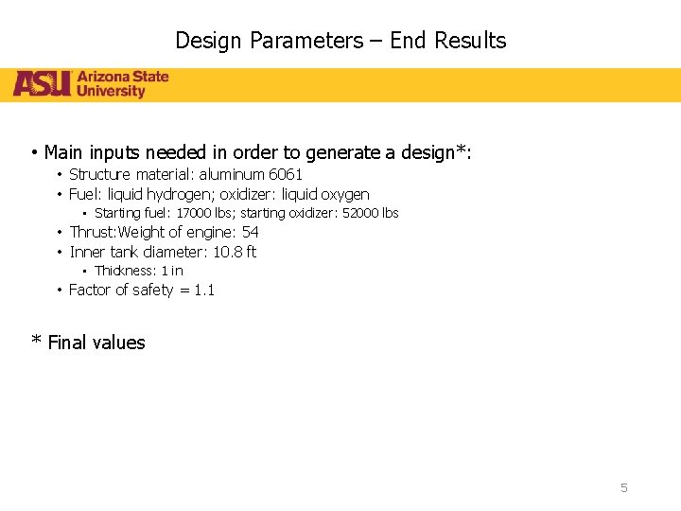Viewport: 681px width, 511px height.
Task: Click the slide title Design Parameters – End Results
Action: coord(340,41)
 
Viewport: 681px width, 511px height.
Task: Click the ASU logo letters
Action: coord(42,84)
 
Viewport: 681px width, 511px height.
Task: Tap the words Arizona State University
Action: coord(123,84)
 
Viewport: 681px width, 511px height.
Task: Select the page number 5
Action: coord(623,487)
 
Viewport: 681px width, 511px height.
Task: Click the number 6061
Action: coord(286,174)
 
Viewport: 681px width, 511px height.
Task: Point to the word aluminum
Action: coord(236,174)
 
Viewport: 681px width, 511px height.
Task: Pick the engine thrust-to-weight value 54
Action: coord(250,232)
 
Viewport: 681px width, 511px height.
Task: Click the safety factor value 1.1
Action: coord(204,290)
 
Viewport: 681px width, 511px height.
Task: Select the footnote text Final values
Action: coord(96,343)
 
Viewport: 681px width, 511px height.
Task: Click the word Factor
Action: coord(91,290)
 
